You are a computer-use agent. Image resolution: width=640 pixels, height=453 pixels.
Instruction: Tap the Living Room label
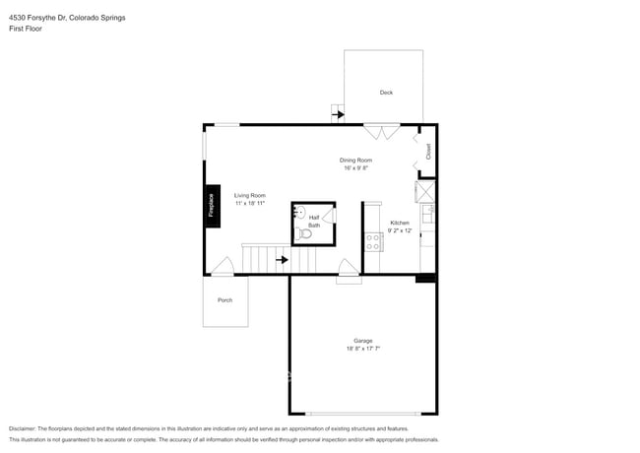(249, 195)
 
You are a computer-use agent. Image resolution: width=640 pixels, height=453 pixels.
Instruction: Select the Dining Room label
(355, 160)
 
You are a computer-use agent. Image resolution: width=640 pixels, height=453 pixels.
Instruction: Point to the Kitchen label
(400, 223)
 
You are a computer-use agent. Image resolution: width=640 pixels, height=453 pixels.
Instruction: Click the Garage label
(362, 341)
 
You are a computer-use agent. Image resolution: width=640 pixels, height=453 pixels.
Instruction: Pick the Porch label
(224, 299)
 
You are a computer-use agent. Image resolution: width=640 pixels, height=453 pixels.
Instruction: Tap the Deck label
(386, 93)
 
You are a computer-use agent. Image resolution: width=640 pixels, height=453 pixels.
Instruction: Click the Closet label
(428, 152)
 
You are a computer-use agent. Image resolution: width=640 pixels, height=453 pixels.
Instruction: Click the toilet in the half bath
(304, 233)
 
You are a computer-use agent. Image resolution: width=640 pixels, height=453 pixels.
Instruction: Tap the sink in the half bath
(300, 212)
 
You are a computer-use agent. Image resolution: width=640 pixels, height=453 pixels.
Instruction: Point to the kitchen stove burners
(373, 239)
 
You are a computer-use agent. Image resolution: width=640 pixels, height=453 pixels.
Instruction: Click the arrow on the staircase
(282, 260)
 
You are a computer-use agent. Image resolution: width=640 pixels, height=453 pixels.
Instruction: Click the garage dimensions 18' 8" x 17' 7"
(362, 349)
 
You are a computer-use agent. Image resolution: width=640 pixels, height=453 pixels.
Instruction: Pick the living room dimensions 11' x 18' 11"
(249, 203)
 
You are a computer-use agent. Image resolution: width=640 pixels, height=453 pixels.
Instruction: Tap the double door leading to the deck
(381, 130)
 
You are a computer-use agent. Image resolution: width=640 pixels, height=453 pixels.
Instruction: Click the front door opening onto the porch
(223, 267)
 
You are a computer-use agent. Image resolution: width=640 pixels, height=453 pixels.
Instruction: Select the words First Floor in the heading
(27, 29)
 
